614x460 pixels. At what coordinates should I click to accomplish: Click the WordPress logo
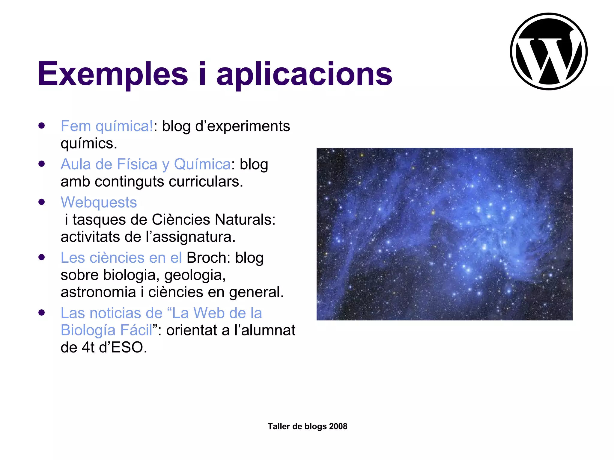click(549, 52)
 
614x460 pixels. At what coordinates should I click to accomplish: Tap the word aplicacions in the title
click(304, 74)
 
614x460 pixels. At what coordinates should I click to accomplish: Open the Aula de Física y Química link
click(146, 164)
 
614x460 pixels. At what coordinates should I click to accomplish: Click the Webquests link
click(99, 202)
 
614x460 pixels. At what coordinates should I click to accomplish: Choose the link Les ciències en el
click(121, 258)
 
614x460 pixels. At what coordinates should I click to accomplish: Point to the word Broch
click(206, 258)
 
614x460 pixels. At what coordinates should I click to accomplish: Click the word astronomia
click(98, 292)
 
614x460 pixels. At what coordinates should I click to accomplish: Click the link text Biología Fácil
click(106, 330)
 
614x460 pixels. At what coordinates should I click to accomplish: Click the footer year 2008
click(338, 426)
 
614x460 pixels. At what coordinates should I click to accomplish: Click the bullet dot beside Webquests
click(42, 202)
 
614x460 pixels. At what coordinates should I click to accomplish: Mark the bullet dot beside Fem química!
click(42, 125)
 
